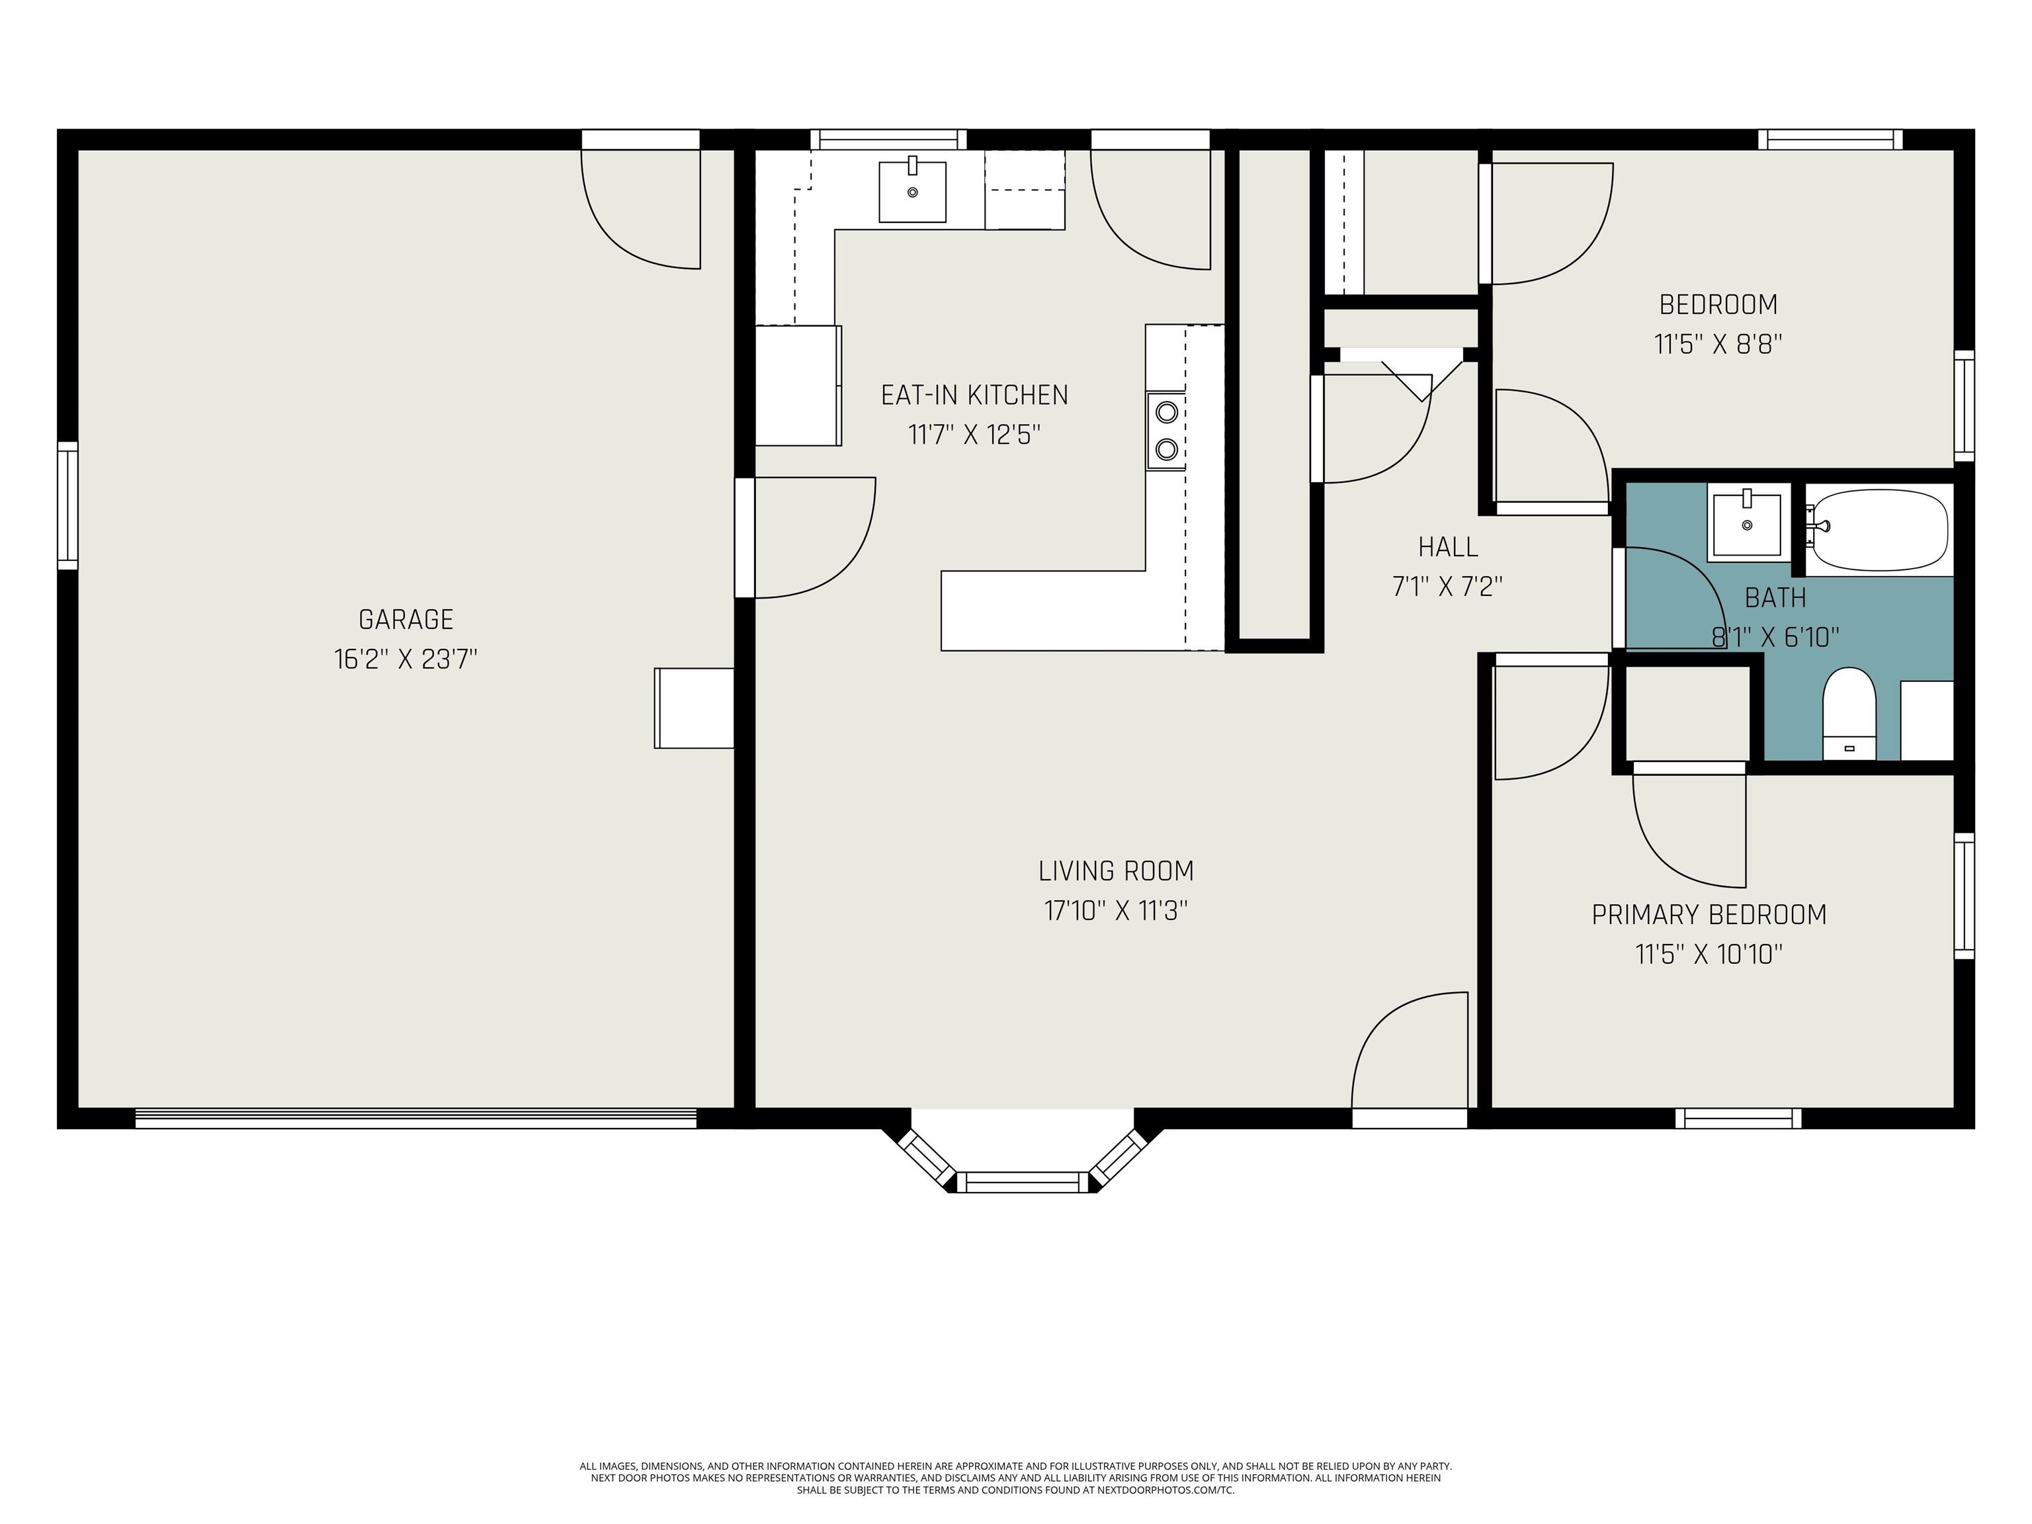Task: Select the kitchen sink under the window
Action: click(911, 191)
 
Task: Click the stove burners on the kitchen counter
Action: click(1165, 430)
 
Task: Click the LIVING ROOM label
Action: click(1115, 871)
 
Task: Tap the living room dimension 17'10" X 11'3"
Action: click(1115, 910)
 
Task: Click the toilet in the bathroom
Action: click(1848, 712)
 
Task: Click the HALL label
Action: click(1448, 548)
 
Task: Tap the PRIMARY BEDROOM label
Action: click(1709, 915)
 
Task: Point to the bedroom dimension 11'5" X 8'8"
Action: click(1718, 345)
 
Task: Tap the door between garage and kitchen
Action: click(808, 537)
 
